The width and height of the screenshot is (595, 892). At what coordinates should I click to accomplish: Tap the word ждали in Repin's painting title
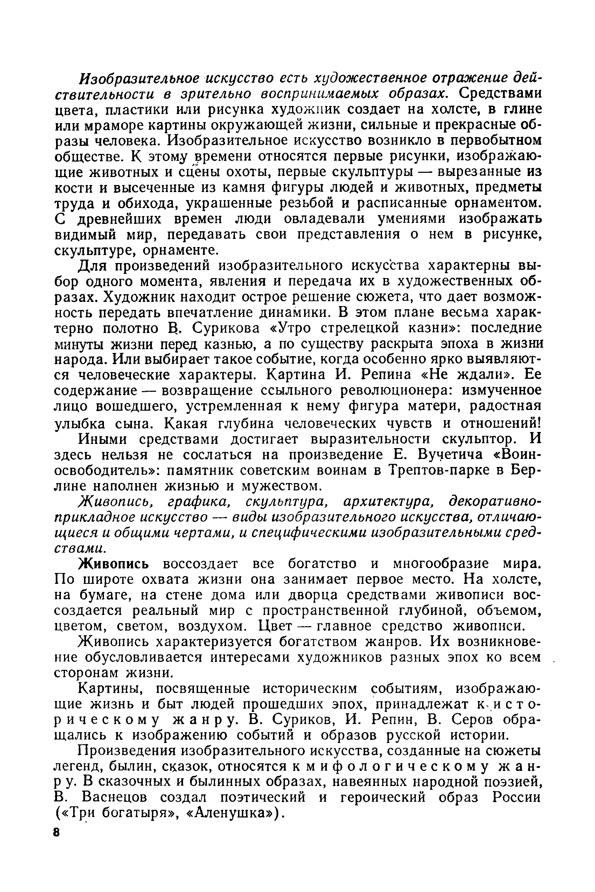click(486, 374)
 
